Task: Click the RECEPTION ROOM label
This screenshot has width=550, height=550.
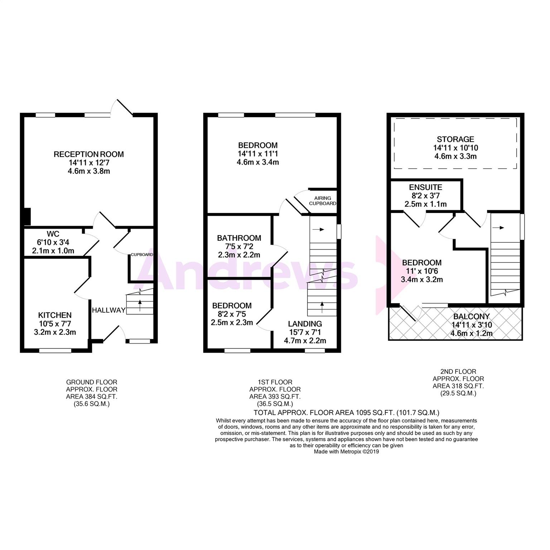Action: click(89, 154)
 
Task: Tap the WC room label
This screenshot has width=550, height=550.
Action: click(53, 234)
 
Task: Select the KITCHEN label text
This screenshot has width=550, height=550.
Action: click(55, 315)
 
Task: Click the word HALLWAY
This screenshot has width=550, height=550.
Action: click(109, 310)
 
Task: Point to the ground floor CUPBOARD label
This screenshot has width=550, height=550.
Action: click(142, 255)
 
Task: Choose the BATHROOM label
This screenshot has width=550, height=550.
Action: click(239, 238)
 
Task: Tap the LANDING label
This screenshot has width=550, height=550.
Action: click(305, 324)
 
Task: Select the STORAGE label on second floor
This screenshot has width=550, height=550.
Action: click(455, 139)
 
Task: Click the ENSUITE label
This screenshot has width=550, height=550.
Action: click(425, 187)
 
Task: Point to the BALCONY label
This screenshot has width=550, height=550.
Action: click(471, 317)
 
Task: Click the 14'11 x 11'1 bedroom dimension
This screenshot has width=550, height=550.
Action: click(258, 154)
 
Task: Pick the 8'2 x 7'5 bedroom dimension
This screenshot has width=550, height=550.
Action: click(232, 314)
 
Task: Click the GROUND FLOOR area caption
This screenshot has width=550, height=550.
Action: click(92, 393)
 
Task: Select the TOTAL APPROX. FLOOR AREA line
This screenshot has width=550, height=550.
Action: click(346, 412)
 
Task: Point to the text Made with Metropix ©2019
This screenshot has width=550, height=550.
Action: click(346, 452)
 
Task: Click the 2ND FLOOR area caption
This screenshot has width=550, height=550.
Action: click(458, 382)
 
